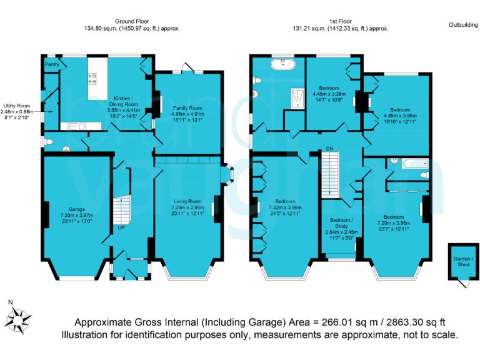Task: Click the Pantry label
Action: coord(52,64)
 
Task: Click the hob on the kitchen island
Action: coord(92,78)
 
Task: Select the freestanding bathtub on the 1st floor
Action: coord(283,64)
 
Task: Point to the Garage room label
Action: coord(77,209)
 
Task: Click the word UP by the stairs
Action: coord(121,227)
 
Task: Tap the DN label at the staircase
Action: coord(329,149)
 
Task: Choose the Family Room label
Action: coord(187,108)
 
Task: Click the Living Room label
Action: coord(187,201)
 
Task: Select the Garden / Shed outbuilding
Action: coord(464,262)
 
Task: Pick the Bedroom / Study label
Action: coord(342,223)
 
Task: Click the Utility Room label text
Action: coord(17,106)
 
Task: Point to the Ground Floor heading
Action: coord(132,21)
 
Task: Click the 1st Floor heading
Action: coord(341,21)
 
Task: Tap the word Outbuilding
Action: coord(464,25)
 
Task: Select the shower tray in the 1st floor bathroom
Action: coord(297,99)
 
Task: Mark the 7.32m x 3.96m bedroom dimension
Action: coord(285,207)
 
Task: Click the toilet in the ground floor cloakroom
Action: coord(48,142)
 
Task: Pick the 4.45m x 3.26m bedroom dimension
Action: coord(329,94)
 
